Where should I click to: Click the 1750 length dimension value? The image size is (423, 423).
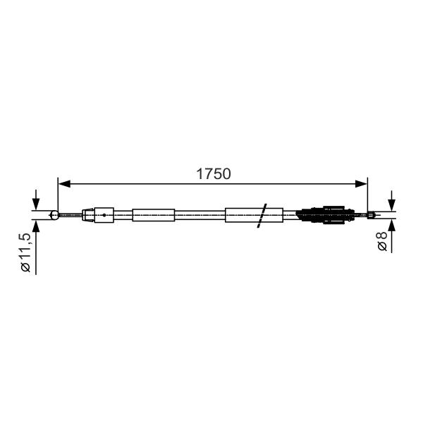coord(214,173)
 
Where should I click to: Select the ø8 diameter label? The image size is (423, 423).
coord(382,241)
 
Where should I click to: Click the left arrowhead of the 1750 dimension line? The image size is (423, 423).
coord(64,184)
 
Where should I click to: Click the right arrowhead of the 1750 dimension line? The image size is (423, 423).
coord(361,184)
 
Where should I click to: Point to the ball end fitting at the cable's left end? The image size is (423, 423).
coord(54,215)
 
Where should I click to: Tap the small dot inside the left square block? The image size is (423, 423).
coord(104,215)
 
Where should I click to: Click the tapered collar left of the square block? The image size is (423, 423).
coord(88,215)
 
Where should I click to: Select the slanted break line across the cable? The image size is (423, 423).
coord(262,216)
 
